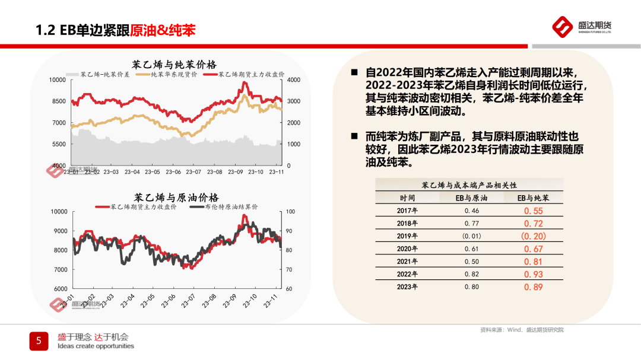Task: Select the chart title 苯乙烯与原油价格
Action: [176, 197]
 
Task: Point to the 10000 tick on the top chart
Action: [58, 79]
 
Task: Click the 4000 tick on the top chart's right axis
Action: [294, 79]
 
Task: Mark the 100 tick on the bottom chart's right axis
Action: [290, 211]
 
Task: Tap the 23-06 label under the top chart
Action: [173, 172]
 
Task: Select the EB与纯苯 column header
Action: [533, 197]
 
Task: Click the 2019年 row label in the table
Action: [408, 236]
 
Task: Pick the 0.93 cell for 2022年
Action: [533, 274]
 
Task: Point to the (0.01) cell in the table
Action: [471, 236]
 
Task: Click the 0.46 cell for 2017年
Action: [471, 211]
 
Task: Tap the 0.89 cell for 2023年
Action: [533, 287]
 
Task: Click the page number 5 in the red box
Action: [39, 340]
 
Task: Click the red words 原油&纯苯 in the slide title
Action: [163, 30]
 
